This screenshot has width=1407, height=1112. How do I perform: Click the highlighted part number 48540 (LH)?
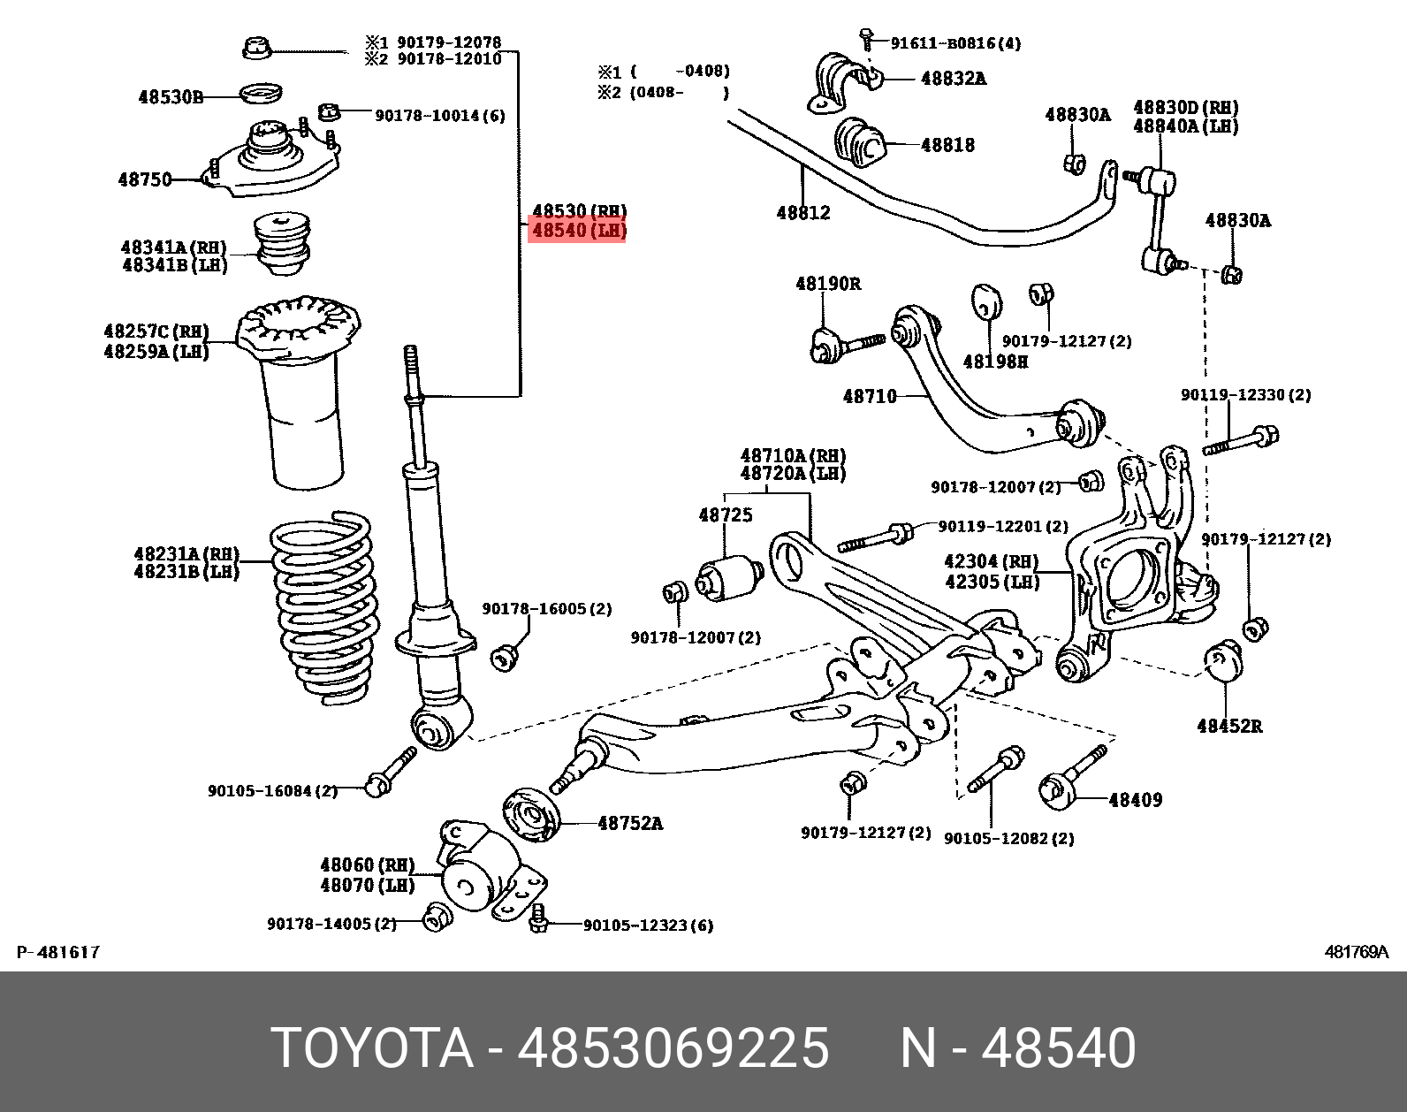tap(577, 232)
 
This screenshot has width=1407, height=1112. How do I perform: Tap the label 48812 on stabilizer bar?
tap(802, 213)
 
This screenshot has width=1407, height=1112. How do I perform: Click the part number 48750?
tap(145, 179)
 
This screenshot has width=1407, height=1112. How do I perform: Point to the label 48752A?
tap(629, 823)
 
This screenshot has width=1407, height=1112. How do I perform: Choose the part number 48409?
tap(1135, 800)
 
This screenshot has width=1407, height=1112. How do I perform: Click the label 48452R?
tap(1229, 727)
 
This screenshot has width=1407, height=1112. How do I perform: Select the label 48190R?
tap(827, 284)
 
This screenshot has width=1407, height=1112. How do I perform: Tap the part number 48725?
tap(725, 514)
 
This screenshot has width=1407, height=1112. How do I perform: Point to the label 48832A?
tap(953, 78)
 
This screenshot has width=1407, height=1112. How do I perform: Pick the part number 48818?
tap(947, 145)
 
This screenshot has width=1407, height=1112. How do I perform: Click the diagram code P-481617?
tap(58, 952)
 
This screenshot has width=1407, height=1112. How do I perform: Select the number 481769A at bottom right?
tap(1356, 952)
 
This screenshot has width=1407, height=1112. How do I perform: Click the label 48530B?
tap(171, 96)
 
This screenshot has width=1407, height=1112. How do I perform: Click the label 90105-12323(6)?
tap(648, 925)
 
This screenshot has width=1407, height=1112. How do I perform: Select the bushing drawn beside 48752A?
tap(532, 814)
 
